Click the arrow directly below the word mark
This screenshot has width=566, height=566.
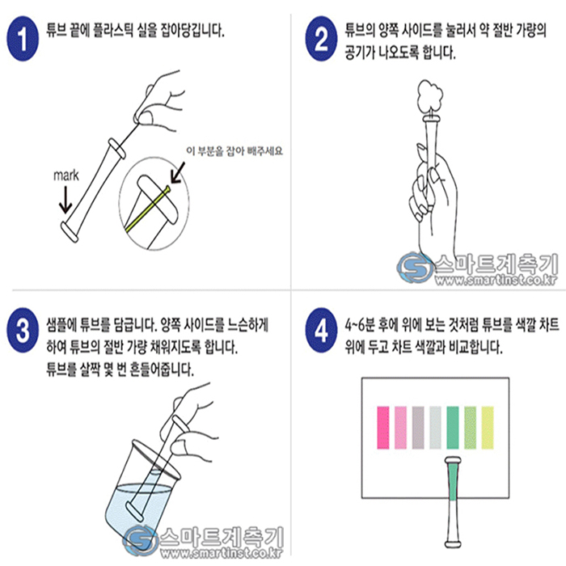(65, 201)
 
